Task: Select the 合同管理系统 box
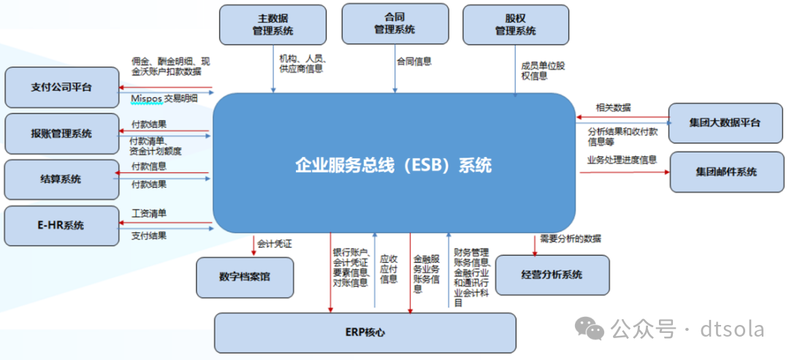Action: (x=394, y=23)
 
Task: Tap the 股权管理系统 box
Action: (x=515, y=24)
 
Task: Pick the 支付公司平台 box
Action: (x=61, y=88)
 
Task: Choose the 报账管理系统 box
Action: (x=61, y=134)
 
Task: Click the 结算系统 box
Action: (x=61, y=180)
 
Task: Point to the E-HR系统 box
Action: (x=61, y=226)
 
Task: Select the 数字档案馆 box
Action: (x=245, y=277)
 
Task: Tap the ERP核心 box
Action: (x=365, y=333)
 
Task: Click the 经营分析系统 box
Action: (x=552, y=275)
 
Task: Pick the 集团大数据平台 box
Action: (x=724, y=123)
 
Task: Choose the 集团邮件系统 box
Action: (x=725, y=172)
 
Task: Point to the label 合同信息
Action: (x=413, y=62)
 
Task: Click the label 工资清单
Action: (x=149, y=214)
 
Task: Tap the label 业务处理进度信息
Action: (x=622, y=160)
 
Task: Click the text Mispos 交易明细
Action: (x=164, y=99)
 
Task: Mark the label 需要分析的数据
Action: (x=571, y=238)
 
